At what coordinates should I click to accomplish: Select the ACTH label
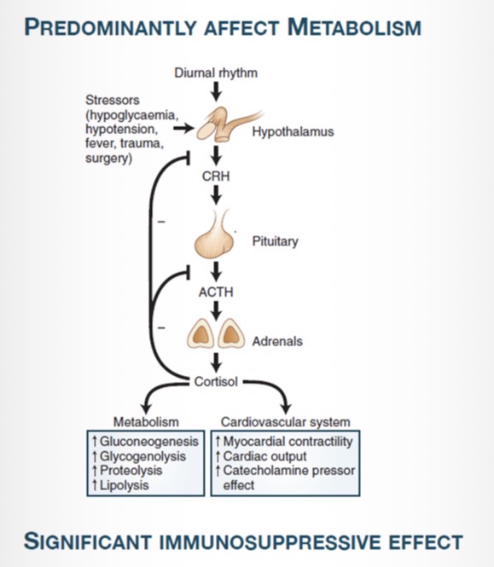215,292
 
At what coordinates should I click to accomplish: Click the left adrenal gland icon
201,333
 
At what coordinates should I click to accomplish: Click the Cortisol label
215,380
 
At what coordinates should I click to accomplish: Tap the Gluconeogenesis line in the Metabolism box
148,443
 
